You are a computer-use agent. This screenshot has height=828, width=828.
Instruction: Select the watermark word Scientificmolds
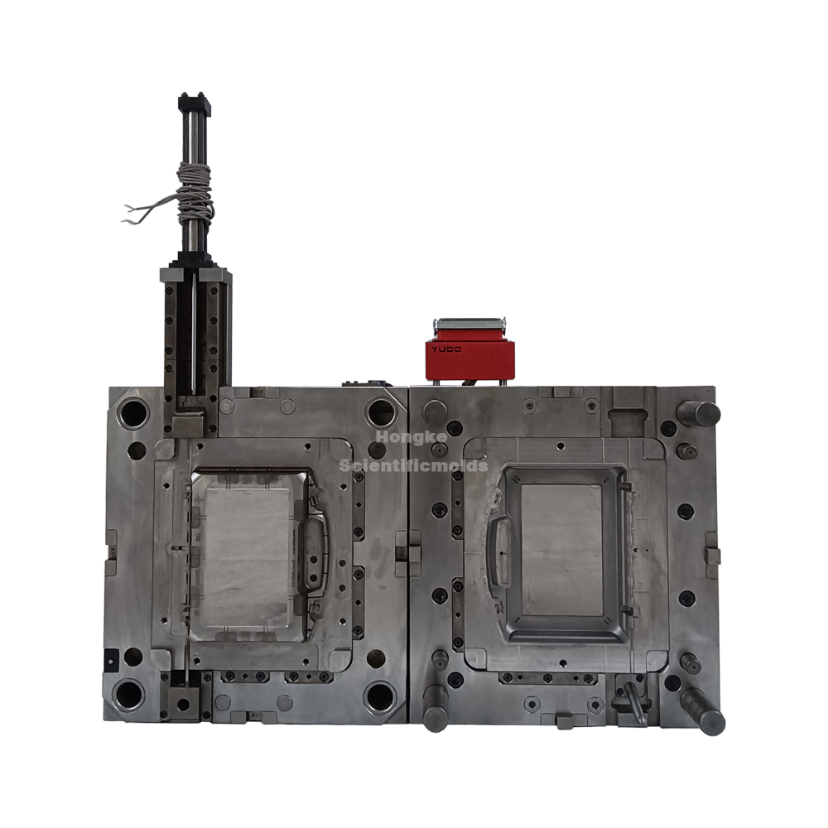(x=414, y=466)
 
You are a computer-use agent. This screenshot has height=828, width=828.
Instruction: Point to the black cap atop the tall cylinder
(x=195, y=104)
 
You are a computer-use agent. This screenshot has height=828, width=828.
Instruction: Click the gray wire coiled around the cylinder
(x=196, y=186)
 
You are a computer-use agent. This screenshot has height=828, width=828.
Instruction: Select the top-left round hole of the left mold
(x=133, y=411)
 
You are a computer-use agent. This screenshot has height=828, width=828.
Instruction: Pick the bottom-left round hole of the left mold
(x=131, y=694)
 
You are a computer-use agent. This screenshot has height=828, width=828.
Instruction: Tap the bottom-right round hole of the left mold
(x=379, y=696)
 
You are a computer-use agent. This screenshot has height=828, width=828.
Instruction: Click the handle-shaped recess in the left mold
(x=314, y=552)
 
